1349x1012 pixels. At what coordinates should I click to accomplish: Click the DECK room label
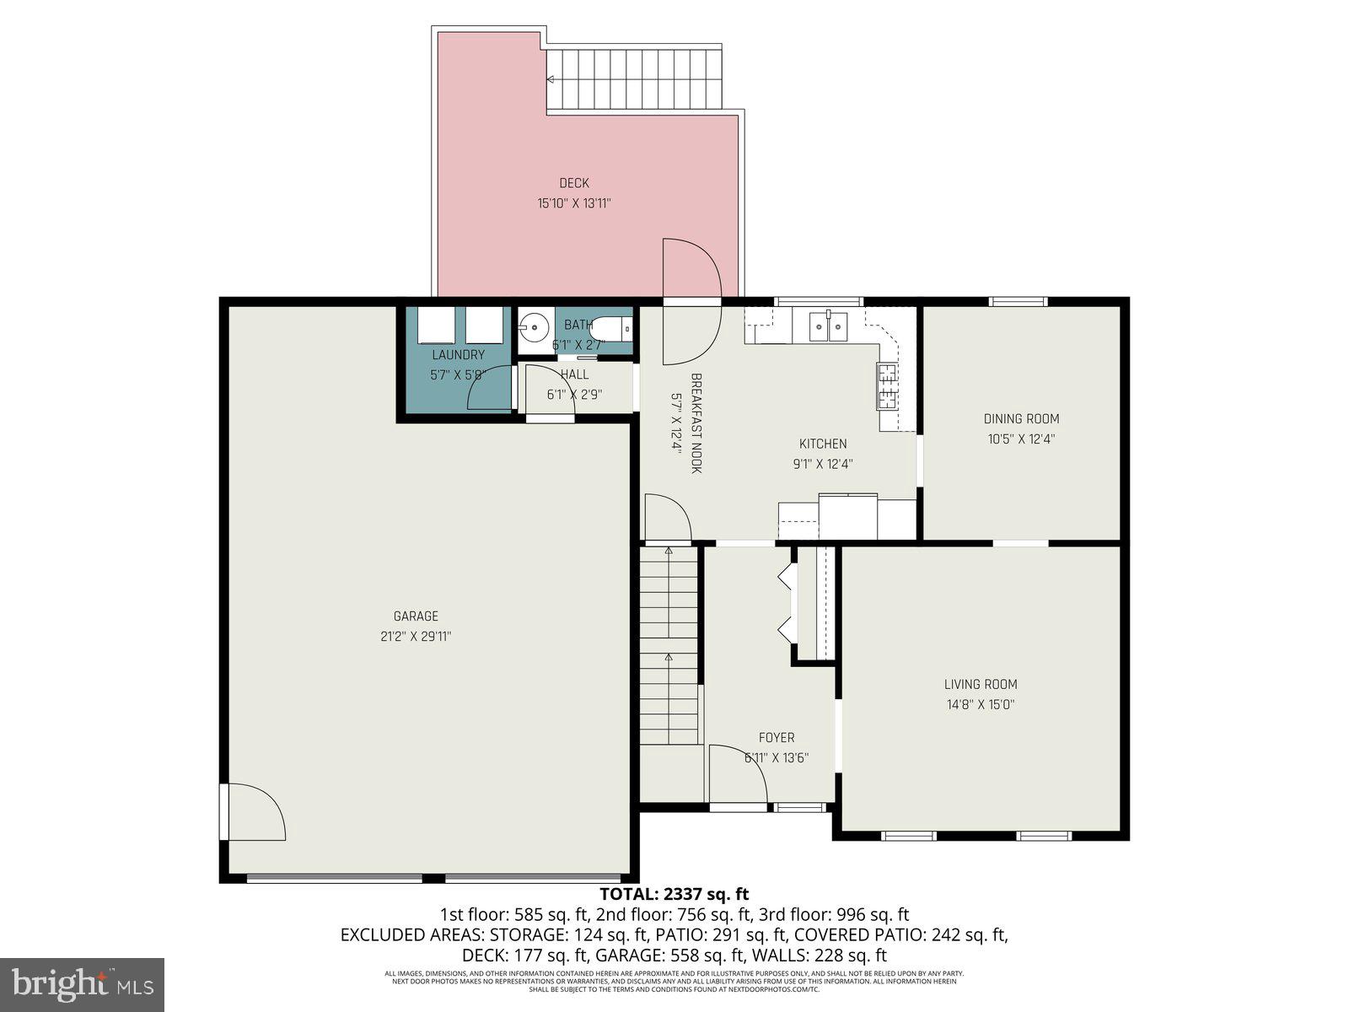pos(574,183)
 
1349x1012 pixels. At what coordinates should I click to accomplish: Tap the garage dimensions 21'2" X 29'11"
pos(416,637)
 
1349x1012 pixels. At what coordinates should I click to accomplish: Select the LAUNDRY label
pos(458,355)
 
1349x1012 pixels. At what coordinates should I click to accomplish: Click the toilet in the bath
pos(612,326)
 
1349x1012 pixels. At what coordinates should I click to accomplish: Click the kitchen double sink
pos(828,326)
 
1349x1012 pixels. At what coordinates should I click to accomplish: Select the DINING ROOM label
pos(1021,418)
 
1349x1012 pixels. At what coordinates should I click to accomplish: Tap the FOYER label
pos(776,737)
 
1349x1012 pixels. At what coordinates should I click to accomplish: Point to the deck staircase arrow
pos(551,79)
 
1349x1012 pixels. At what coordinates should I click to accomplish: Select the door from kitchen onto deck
pos(691,302)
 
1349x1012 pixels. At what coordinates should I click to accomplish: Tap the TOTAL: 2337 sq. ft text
pos(674,894)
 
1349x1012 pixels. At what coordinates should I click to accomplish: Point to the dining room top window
pos(1018,301)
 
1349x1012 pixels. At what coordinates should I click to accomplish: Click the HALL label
pos(574,374)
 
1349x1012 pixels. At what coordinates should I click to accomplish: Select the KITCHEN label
pos(823,444)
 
